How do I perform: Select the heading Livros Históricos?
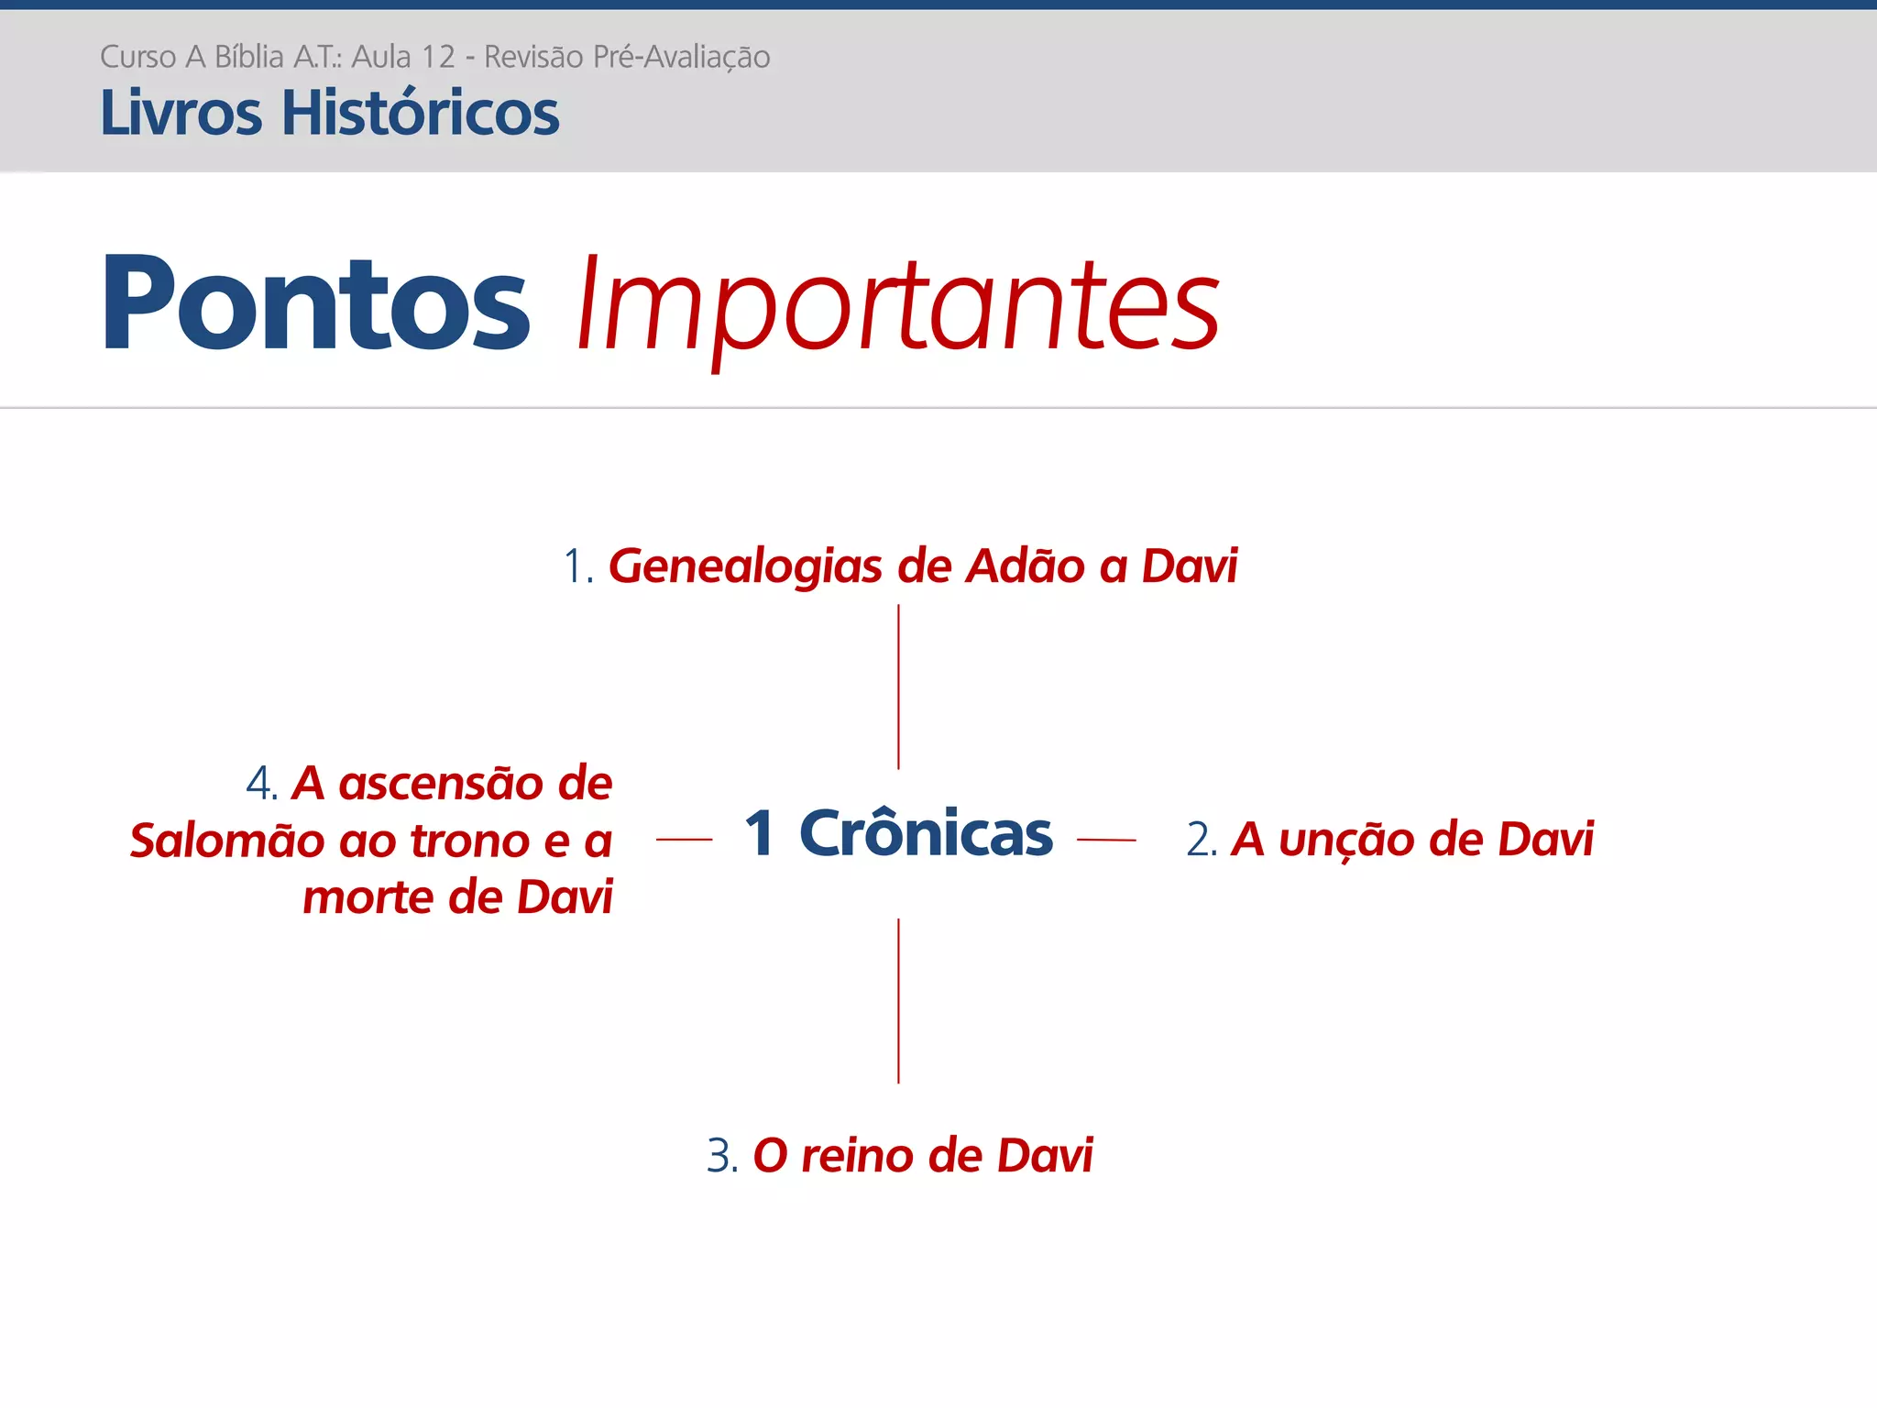pyautogui.click(x=329, y=113)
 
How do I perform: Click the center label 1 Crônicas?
pyautogui.click(x=898, y=833)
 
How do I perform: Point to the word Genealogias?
pyautogui.click(x=745, y=566)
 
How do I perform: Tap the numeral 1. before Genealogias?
pyautogui.click(x=577, y=566)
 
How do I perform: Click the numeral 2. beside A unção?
pyautogui.click(x=1201, y=840)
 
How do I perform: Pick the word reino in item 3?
pyautogui.click(x=857, y=1155)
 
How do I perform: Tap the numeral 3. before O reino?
pyautogui.click(x=721, y=1155)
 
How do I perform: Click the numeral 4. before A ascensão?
pyautogui.click(x=261, y=784)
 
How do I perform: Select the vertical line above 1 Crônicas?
pyautogui.click(x=898, y=687)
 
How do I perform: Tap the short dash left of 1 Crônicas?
pyautogui.click(x=684, y=839)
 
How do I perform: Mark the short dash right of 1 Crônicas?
pyautogui.click(x=1106, y=839)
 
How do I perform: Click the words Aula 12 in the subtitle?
pyautogui.click(x=403, y=57)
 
